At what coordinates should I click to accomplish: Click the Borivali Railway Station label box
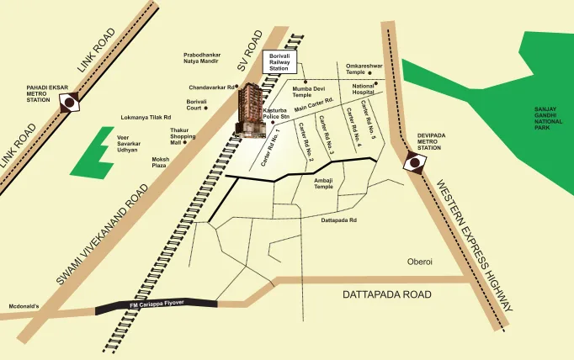278,61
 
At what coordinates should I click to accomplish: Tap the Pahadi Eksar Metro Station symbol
68,102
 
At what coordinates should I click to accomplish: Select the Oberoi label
419,262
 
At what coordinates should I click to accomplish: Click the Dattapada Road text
386,295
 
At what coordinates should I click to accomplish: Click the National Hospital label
364,88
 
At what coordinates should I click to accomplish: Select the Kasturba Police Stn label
277,114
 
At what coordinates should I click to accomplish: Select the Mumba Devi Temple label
302,92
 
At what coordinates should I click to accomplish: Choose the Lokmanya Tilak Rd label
146,118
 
